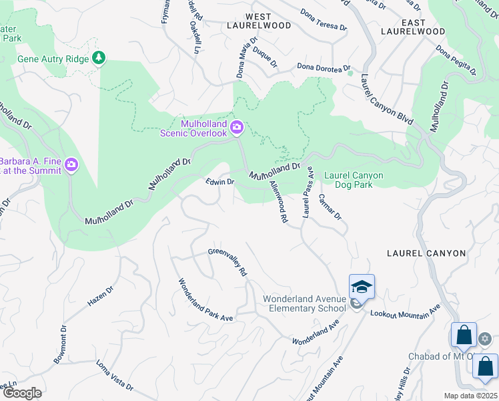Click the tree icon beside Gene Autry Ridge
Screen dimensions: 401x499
point(99,58)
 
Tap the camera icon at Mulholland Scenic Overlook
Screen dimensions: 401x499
point(236,127)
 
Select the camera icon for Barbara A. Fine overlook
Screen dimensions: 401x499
point(71,164)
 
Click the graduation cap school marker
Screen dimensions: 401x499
point(362,287)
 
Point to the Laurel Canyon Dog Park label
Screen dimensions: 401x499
point(354,180)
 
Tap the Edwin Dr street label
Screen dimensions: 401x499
point(219,182)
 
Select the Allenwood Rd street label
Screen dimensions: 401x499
point(278,200)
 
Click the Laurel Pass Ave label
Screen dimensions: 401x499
point(308,192)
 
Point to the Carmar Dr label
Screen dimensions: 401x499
point(330,207)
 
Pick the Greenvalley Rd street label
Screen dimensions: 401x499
point(227,262)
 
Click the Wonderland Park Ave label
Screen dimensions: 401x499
point(204,300)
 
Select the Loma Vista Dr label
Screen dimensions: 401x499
point(114,376)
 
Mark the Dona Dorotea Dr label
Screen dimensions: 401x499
point(322,66)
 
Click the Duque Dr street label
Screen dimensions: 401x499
point(265,56)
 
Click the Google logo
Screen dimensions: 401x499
point(22,392)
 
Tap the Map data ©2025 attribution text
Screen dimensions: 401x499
point(470,396)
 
